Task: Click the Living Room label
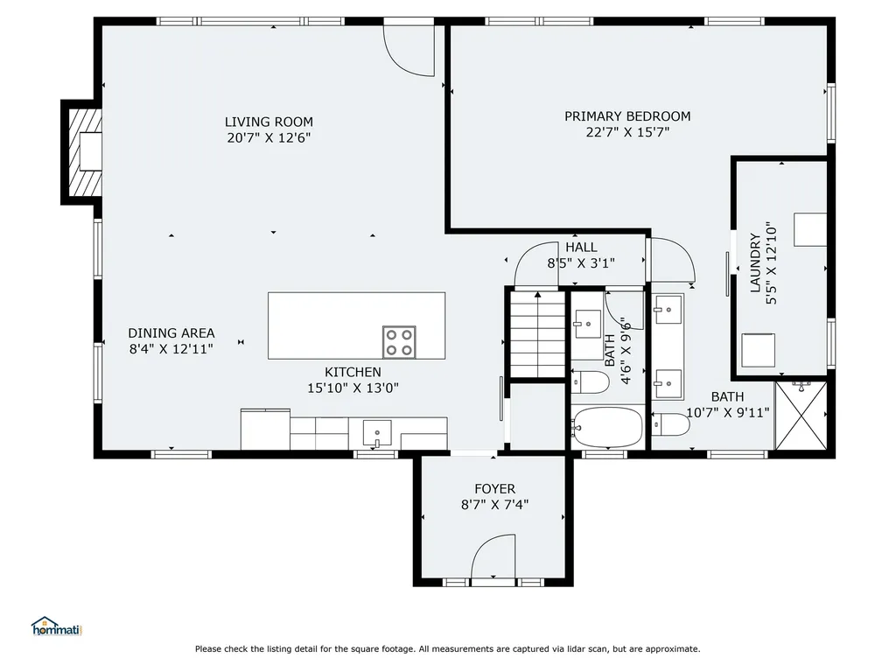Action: (269, 122)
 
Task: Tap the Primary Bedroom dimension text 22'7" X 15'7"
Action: (626, 133)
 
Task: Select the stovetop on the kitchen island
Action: (399, 340)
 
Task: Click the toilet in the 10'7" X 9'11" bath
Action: (672, 424)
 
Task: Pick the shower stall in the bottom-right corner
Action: (801, 417)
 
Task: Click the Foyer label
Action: (494, 488)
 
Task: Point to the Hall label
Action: (581, 248)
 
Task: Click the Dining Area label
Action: (171, 332)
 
